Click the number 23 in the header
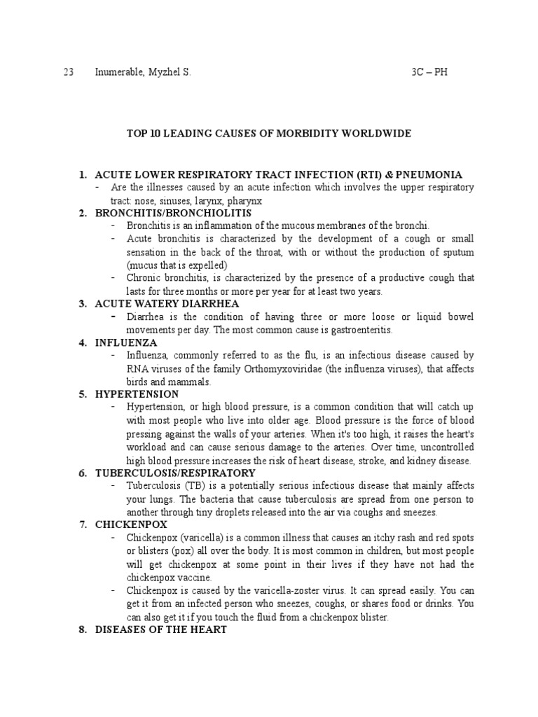69,73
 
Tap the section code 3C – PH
429,73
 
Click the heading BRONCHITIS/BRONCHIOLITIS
173,213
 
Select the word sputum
457,252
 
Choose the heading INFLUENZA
126,342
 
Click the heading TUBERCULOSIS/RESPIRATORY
175,473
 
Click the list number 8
82,629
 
